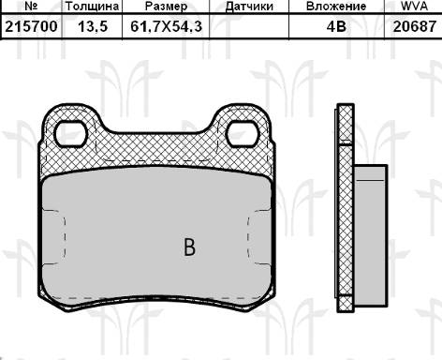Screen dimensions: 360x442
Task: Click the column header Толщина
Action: [x=92, y=7]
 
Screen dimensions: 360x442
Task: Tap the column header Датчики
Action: [x=250, y=7]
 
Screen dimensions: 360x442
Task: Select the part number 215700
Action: [x=30, y=27]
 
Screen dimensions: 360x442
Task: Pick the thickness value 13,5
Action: [x=92, y=27]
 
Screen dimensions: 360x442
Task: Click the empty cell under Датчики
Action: [x=250, y=27]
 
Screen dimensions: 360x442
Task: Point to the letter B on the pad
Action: [x=189, y=247]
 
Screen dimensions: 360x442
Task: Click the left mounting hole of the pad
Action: [x=71, y=134]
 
